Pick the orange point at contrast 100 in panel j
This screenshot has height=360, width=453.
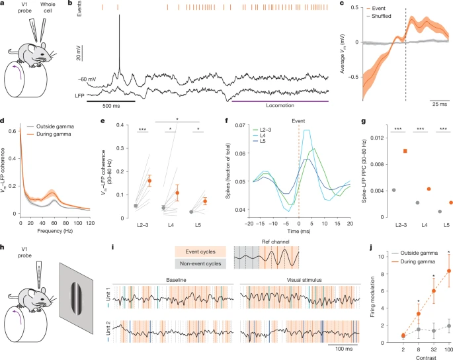[x=431, y=271]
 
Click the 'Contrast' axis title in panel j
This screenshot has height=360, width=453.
[x=407, y=355]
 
